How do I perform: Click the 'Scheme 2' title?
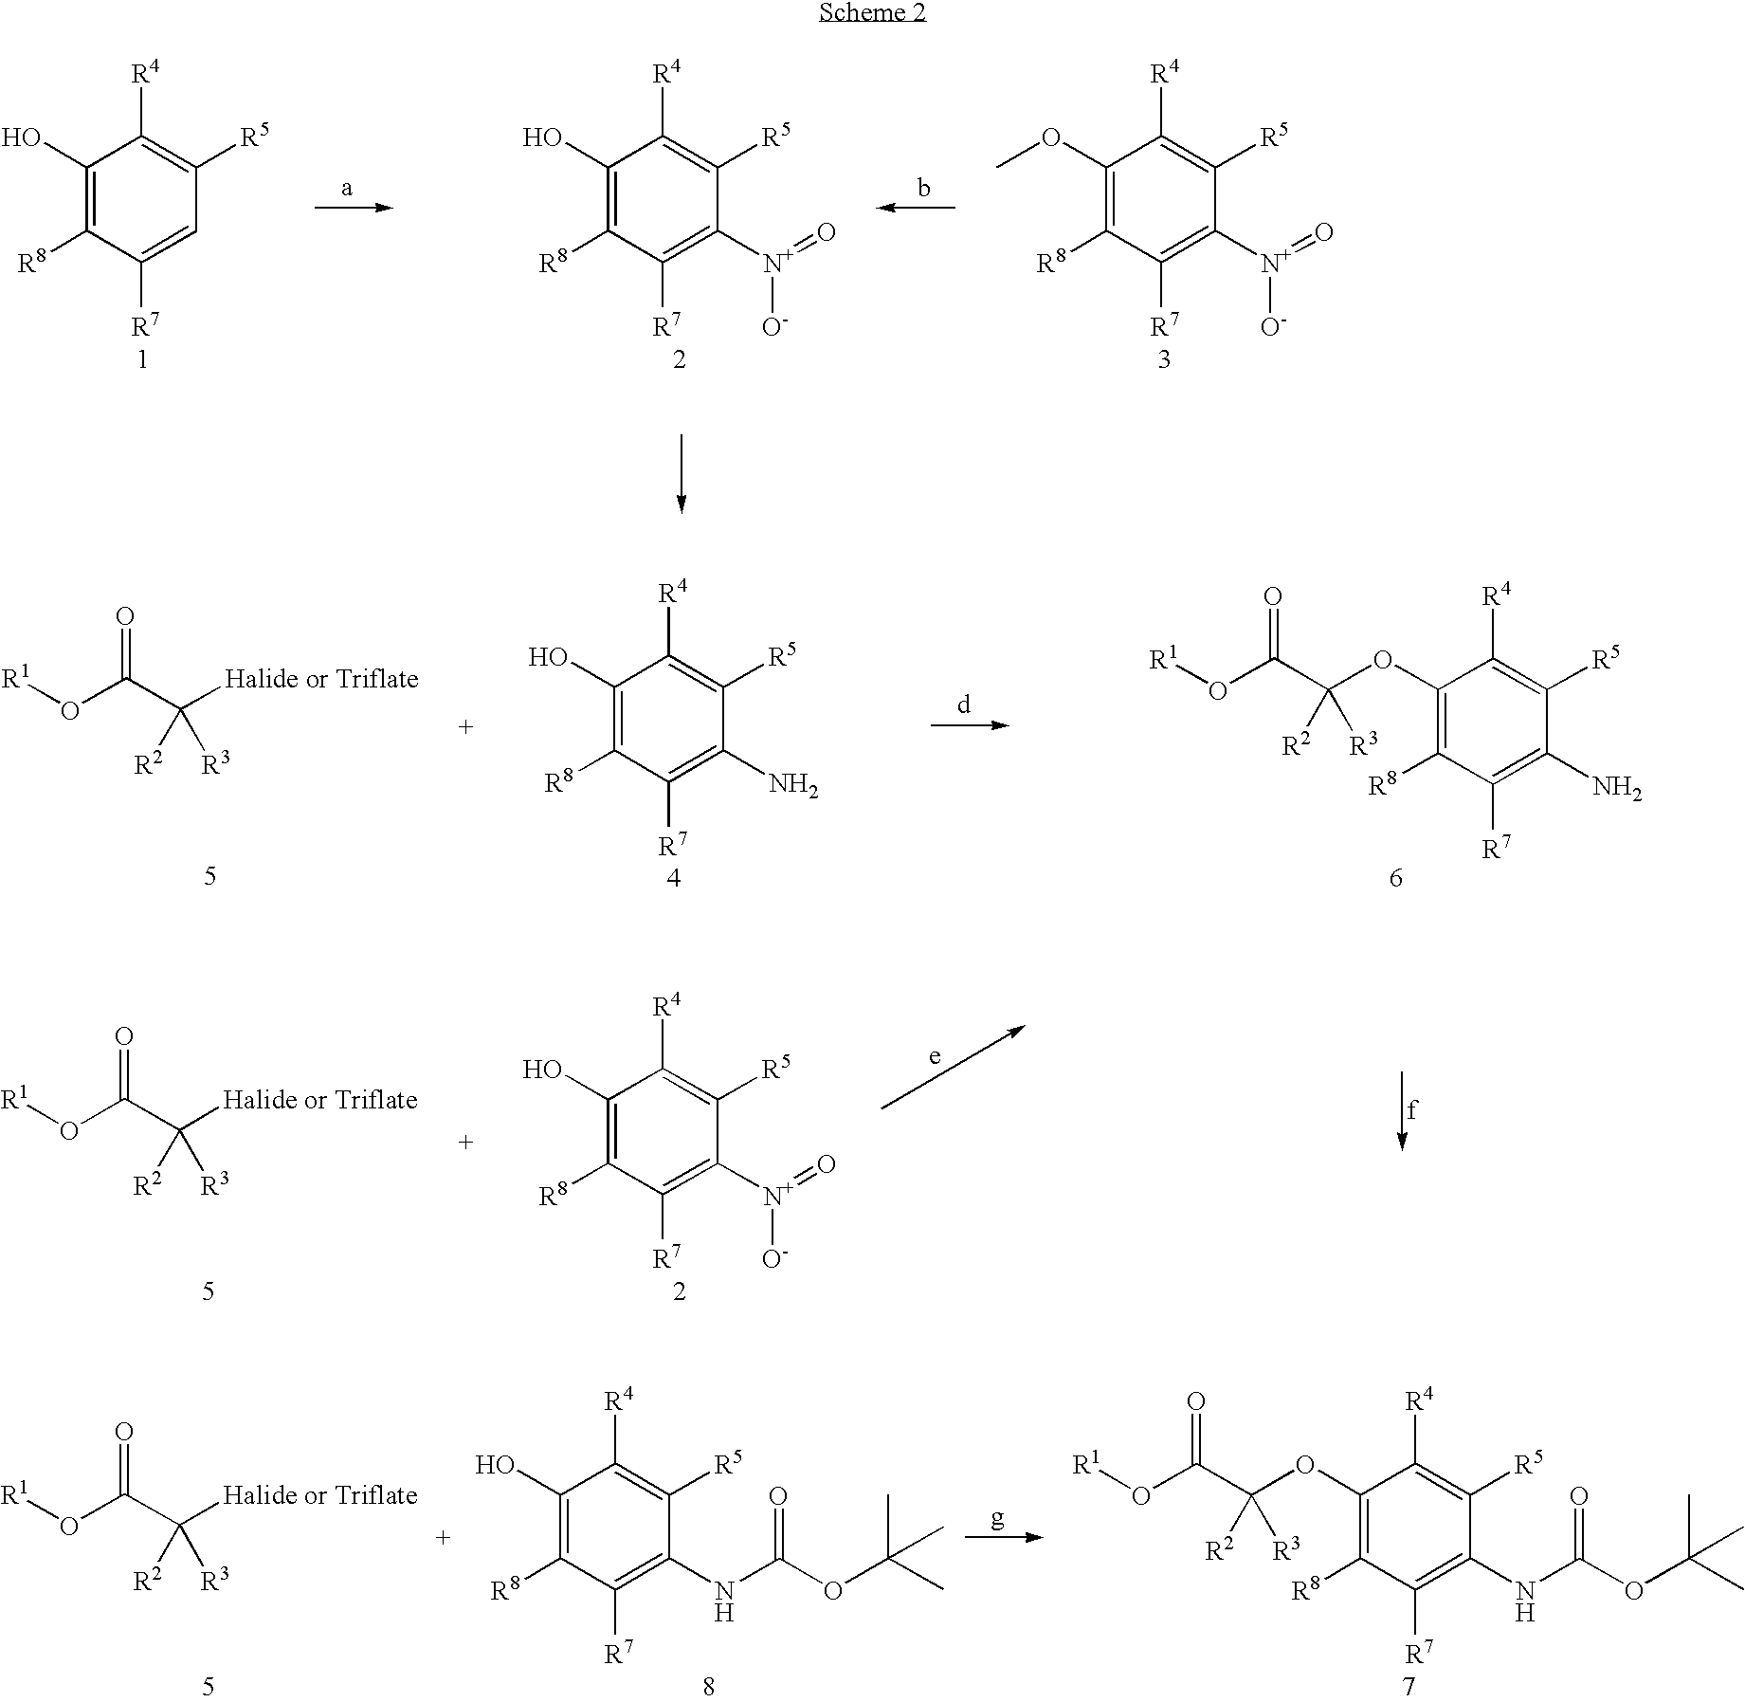click(872, 12)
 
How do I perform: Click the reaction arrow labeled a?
click(353, 207)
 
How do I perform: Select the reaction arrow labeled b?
click(916, 207)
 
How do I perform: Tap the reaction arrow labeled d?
click(969, 725)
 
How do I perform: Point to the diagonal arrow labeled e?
click(952, 1068)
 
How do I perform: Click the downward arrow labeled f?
click(1402, 1110)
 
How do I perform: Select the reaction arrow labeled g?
click(1003, 1536)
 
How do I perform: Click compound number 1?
click(142, 360)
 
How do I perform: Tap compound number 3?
click(1164, 360)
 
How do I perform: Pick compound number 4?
click(673, 878)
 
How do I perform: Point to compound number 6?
click(1395, 878)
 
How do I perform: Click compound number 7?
click(1409, 1686)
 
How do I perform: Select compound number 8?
click(708, 1686)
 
